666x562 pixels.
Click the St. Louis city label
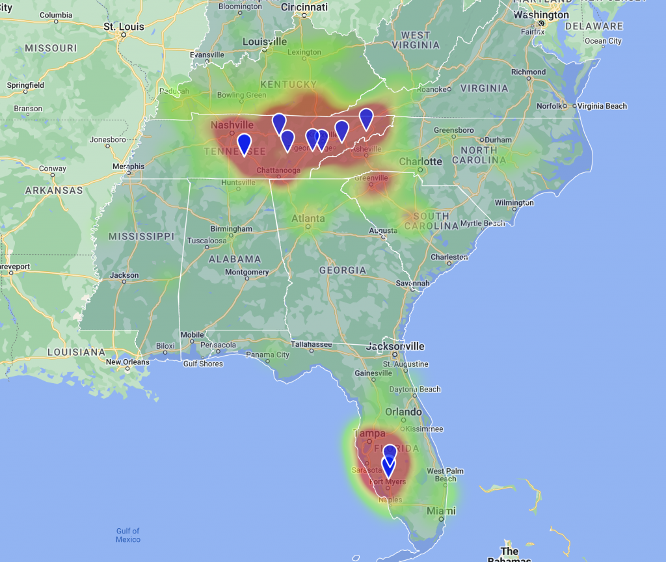coord(124,27)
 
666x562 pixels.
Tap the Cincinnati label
coord(304,7)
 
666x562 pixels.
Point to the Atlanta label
coord(308,219)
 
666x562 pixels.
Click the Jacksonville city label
coord(395,346)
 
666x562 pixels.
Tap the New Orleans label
coord(127,362)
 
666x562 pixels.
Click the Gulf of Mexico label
coord(128,535)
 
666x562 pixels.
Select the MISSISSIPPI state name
coord(141,236)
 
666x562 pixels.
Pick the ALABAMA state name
coord(234,259)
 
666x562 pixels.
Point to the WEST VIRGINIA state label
coord(416,40)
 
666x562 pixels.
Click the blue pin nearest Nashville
coord(244,144)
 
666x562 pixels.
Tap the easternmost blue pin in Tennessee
coord(366,118)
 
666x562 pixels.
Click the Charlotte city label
coord(421,161)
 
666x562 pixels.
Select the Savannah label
coord(413,284)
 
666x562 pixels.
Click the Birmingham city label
coord(231,229)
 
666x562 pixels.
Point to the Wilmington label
coord(514,203)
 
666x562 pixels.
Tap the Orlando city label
coord(403,412)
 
